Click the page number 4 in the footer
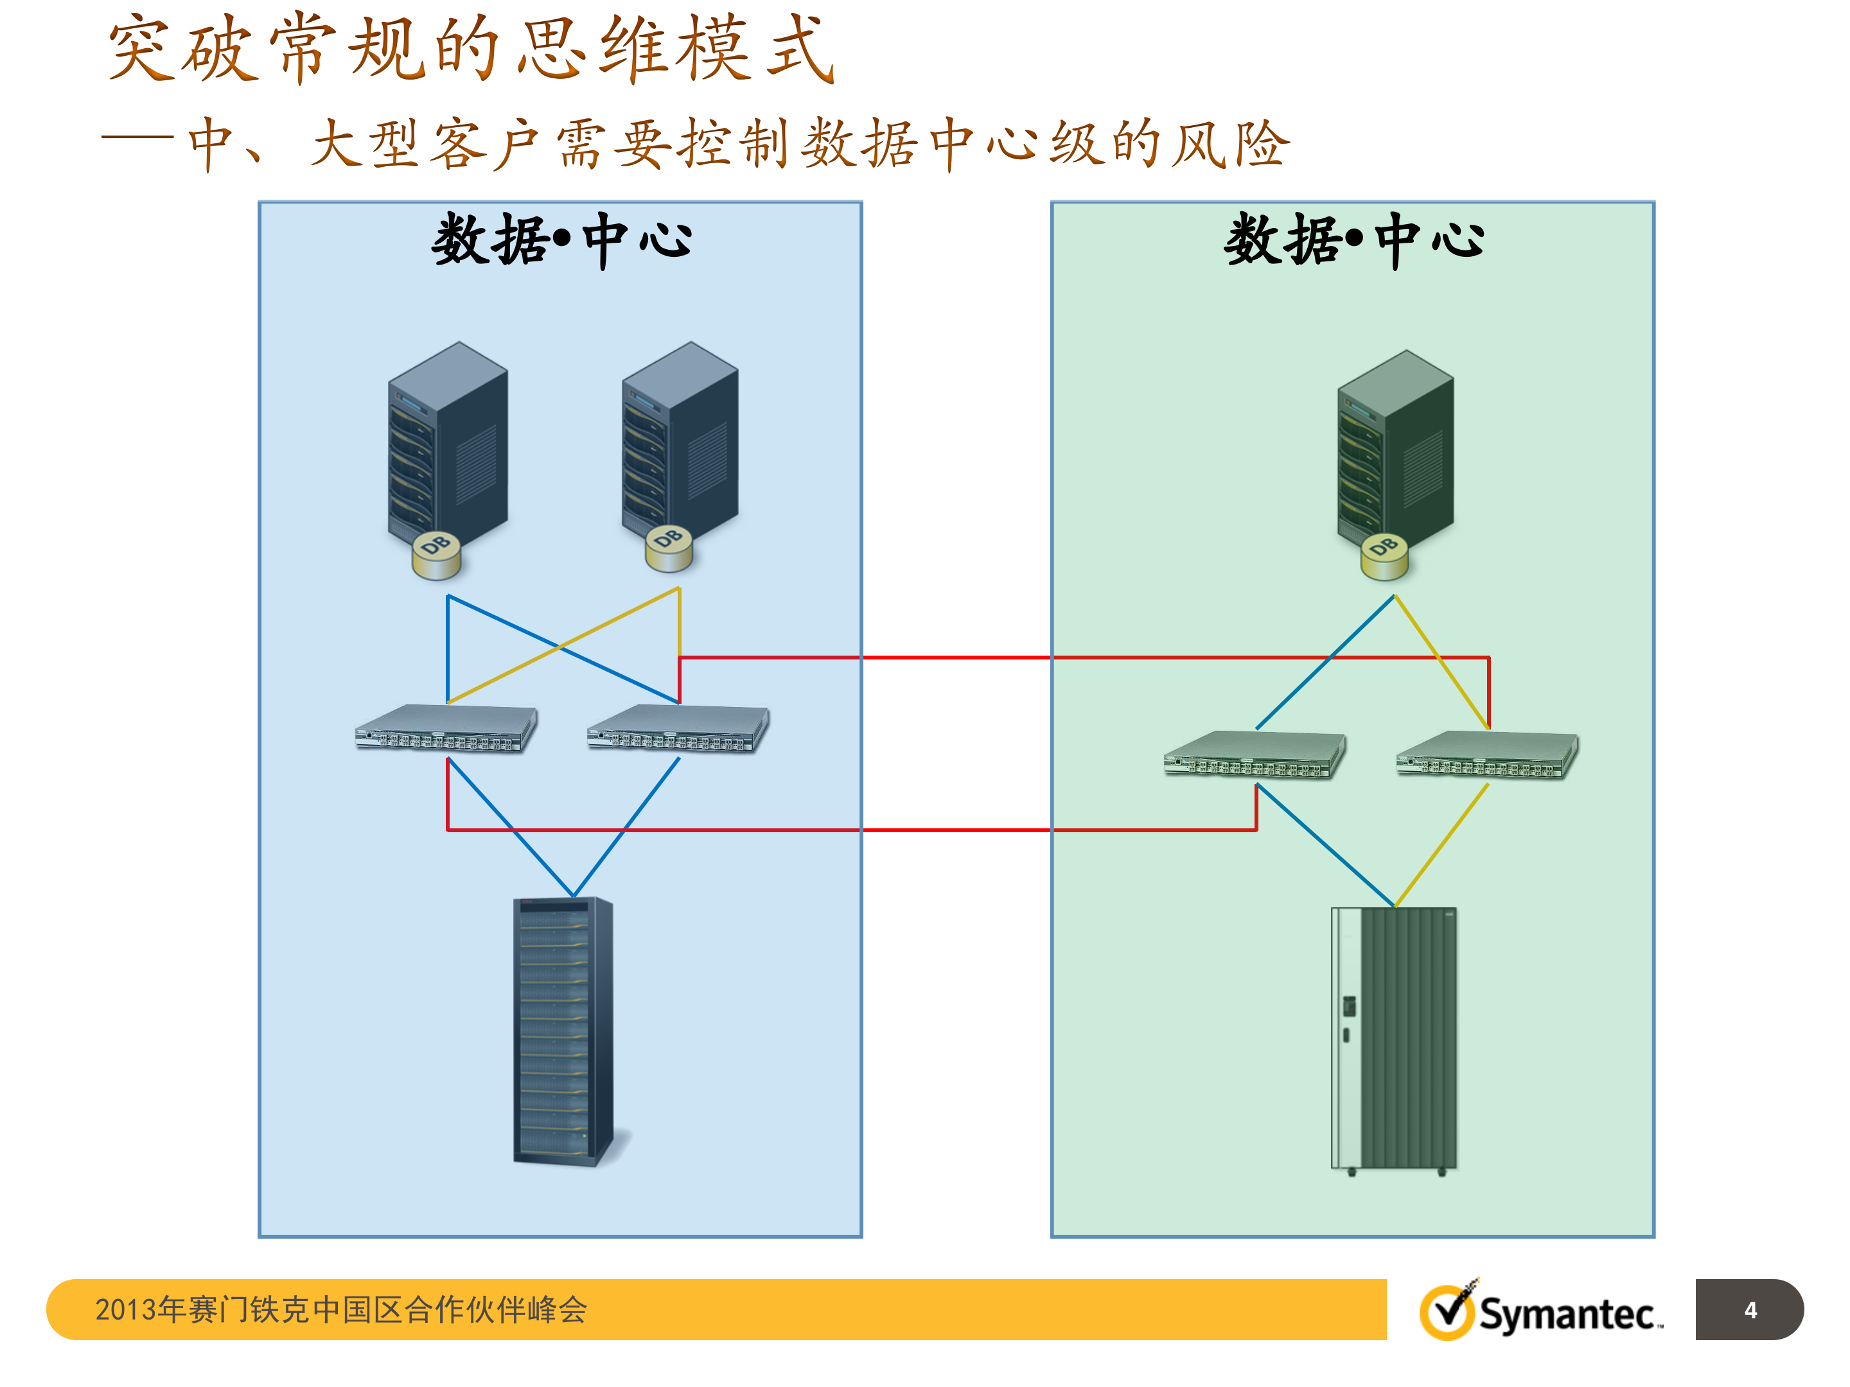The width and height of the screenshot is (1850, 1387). tap(1750, 1310)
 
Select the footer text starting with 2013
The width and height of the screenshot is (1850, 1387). tap(340, 1309)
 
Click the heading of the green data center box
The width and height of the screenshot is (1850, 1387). tap(1353, 240)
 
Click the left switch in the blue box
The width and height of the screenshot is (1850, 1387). tap(446, 728)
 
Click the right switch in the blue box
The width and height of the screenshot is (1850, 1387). tap(678, 728)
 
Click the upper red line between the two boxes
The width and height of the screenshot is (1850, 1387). tap(956, 658)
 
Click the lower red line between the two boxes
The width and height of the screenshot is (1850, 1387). tap(956, 830)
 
